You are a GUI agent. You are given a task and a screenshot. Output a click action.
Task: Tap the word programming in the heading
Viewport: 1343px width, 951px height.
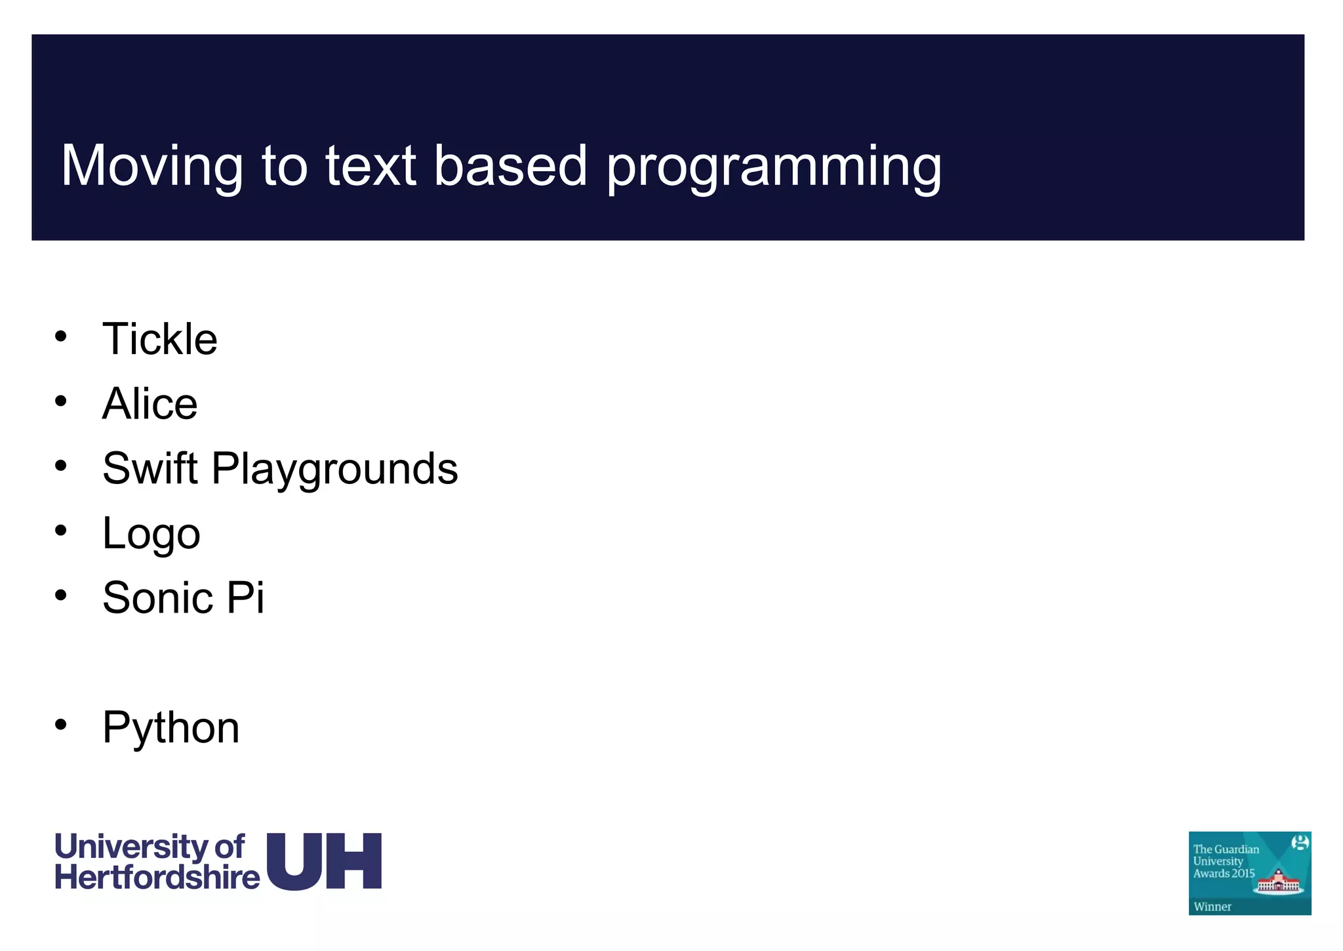(x=774, y=167)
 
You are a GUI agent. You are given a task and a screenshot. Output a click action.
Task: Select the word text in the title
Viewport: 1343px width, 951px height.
(x=371, y=166)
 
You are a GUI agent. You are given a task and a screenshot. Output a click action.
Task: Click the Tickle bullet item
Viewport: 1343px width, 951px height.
(x=159, y=339)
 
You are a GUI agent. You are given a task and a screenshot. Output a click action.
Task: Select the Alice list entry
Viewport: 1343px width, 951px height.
(x=150, y=403)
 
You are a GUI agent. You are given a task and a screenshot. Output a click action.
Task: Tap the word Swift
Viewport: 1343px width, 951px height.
(x=150, y=468)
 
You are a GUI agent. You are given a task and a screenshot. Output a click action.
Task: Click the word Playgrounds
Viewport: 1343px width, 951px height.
(x=334, y=470)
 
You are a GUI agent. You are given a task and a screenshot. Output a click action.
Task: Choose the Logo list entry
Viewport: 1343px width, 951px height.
(x=151, y=534)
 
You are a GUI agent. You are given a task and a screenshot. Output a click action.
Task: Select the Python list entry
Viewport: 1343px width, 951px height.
(x=170, y=728)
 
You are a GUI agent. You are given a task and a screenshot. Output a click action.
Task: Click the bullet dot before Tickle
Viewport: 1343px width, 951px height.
(x=61, y=336)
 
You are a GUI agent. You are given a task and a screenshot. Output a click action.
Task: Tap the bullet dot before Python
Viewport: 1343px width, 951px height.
(x=61, y=725)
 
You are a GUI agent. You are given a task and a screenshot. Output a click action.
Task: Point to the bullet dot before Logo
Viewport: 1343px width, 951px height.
(x=61, y=530)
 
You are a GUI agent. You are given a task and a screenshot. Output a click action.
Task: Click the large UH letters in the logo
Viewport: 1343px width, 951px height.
(x=324, y=861)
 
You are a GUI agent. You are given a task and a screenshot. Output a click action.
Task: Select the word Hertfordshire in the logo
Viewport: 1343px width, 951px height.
(x=157, y=878)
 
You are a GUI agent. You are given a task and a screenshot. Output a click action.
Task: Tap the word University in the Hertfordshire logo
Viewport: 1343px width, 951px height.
(x=131, y=847)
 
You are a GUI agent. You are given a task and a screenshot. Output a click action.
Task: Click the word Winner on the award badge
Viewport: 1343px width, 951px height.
(x=1212, y=906)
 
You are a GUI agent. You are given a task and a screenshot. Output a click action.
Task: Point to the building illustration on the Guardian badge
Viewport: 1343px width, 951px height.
(x=1277, y=881)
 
